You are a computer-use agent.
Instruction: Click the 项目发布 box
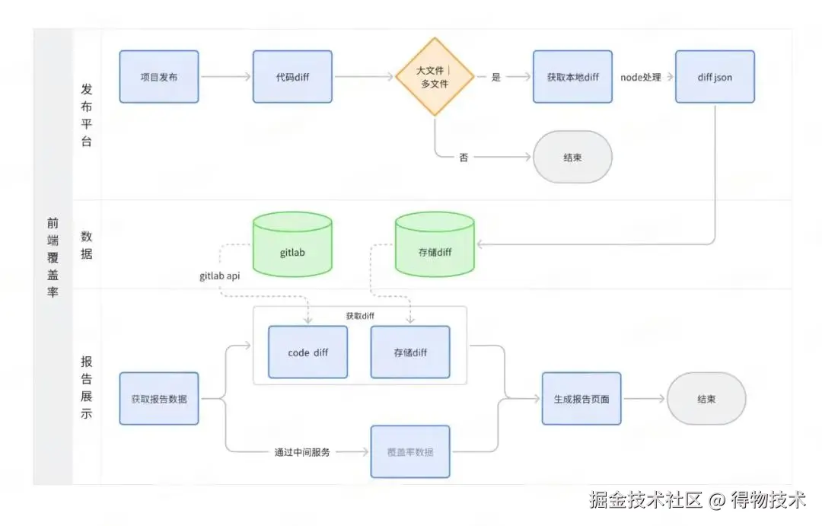tap(159, 77)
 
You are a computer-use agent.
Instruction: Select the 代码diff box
tap(292, 77)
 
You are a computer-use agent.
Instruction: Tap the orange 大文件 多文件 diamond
tap(435, 77)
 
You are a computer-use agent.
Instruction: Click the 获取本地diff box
tap(572, 77)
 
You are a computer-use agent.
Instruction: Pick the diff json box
tap(715, 77)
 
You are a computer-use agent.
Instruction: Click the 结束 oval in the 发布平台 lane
tap(572, 158)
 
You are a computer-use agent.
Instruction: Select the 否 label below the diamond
tap(464, 158)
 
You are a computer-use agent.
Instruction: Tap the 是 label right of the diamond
tap(496, 77)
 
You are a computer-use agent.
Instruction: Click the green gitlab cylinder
tap(292, 245)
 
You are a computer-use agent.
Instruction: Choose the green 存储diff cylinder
tap(435, 245)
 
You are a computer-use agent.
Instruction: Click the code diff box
tap(307, 352)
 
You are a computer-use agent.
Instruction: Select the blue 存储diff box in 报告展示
tap(410, 352)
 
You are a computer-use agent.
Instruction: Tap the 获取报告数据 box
tap(159, 399)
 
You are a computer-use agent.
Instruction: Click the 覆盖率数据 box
tap(410, 451)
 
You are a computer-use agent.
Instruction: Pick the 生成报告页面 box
tap(581, 399)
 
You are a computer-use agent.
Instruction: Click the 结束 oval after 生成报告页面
tap(706, 399)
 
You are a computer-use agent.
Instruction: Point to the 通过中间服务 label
tap(302, 452)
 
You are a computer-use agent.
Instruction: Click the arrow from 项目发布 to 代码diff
tap(225, 77)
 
